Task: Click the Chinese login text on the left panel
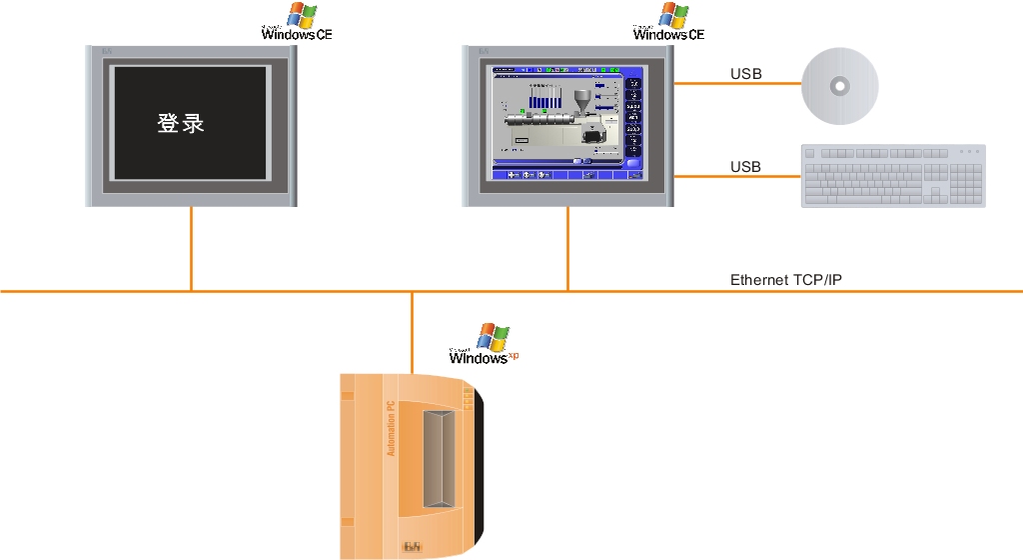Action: [181, 124]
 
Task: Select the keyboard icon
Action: [893, 176]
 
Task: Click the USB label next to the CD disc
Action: [745, 74]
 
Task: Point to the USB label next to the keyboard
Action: [745, 166]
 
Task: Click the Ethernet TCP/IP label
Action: [786, 280]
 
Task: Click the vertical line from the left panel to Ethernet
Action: [191, 250]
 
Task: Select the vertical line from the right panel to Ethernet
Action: [568, 250]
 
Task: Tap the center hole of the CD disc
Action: [840, 86]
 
